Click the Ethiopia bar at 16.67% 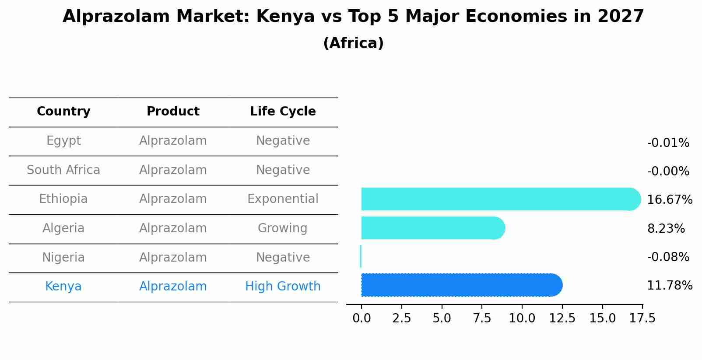point(499,199)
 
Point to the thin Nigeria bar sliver point(361,256)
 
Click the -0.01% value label point(668,143)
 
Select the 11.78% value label point(669,286)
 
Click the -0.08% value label point(668,257)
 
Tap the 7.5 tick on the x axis point(482,318)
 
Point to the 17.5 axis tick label point(642,318)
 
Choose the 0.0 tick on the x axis point(362,318)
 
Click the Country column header point(63,112)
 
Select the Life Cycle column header point(283,112)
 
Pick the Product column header point(173,112)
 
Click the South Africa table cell point(63,170)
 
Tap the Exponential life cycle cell point(283,199)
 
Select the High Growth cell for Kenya point(283,287)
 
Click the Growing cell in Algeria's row point(283,228)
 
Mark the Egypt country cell point(63,141)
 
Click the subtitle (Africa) point(353,43)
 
